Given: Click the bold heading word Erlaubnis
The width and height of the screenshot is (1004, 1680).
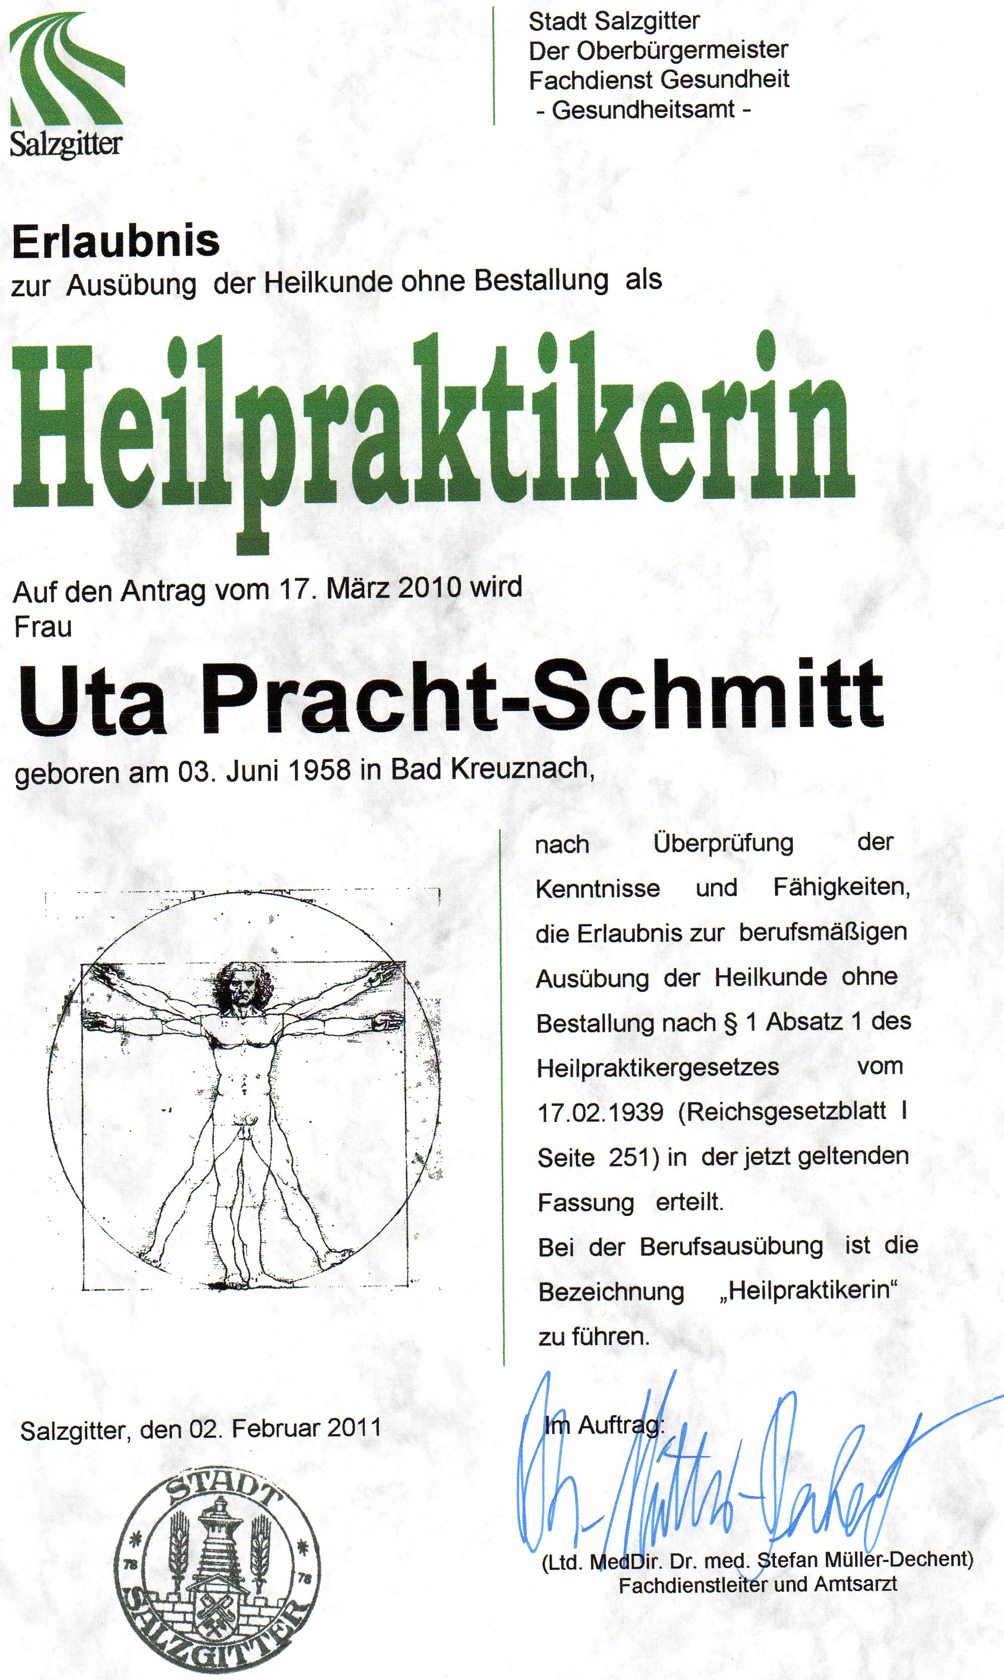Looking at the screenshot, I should click(x=115, y=242).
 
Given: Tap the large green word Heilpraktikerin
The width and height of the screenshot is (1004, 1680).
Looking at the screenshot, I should click(x=433, y=433).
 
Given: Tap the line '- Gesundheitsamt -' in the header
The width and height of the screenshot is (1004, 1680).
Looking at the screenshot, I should click(x=643, y=109).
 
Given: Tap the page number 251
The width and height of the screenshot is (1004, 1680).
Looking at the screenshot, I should click(x=629, y=1157).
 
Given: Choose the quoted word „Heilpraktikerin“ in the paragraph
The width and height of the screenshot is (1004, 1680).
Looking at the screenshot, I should click(x=808, y=1290).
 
